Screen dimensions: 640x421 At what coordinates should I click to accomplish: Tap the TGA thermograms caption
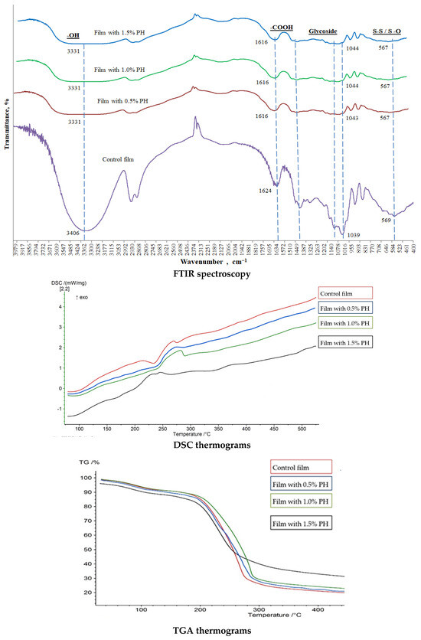point(210,632)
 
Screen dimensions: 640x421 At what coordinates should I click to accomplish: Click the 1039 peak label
point(353,234)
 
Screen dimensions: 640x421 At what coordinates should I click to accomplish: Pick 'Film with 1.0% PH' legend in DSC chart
point(344,327)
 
